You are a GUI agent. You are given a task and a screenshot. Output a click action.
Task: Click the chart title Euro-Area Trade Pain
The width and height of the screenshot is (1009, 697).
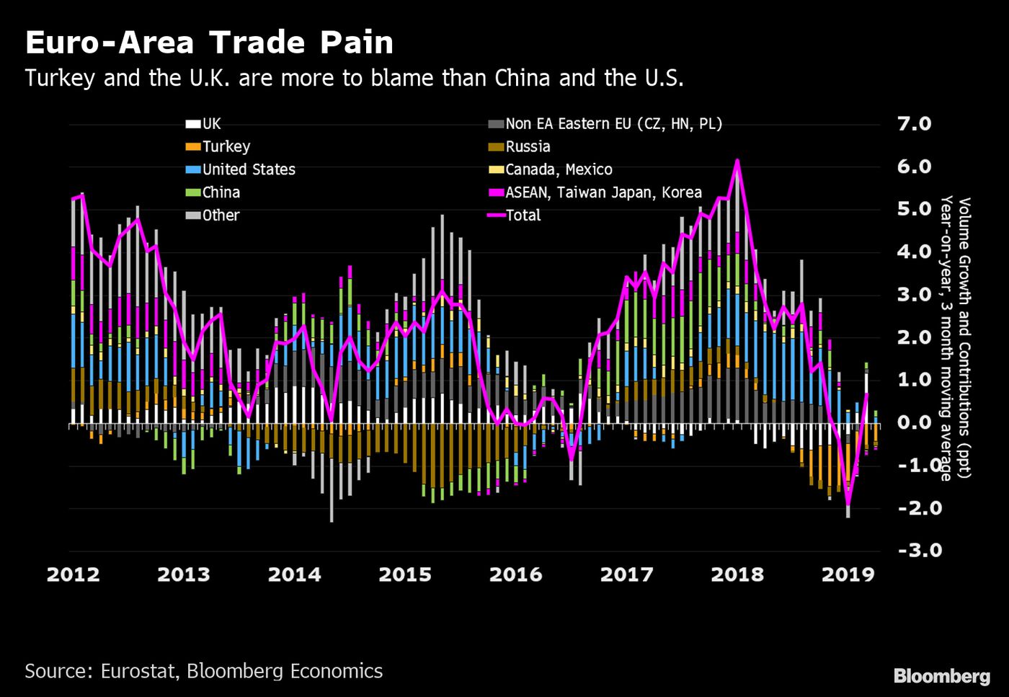[209, 43]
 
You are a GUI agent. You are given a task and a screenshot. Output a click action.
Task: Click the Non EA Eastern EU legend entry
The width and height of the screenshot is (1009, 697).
[613, 124]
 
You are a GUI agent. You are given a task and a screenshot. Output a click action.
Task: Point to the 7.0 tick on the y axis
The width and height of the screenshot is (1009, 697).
[914, 124]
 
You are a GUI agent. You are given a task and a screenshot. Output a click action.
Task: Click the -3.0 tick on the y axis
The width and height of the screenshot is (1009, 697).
[914, 551]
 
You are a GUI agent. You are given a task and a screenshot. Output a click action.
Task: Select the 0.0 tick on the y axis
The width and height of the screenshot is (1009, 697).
[914, 422]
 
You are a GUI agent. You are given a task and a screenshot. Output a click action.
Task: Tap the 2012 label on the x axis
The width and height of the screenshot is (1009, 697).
[74, 574]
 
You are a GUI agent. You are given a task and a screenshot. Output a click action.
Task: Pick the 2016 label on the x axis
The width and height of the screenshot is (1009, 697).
[515, 574]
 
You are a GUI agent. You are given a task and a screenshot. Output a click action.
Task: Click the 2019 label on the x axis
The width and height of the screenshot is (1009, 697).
[848, 574]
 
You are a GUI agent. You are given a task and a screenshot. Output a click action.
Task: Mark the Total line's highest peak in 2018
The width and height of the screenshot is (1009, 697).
[737, 160]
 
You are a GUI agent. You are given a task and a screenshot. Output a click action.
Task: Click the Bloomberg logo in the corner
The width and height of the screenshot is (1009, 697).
[941, 676]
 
